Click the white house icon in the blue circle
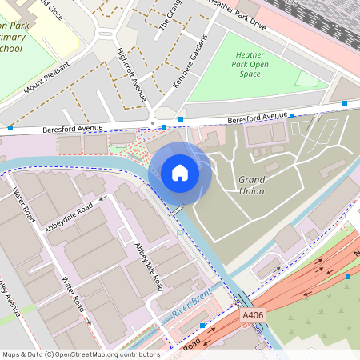click(x=180, y=173)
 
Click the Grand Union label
click(x=251, y=185)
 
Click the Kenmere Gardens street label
click(x=191, y=62)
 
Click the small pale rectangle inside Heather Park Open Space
click(x=306, y=78)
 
